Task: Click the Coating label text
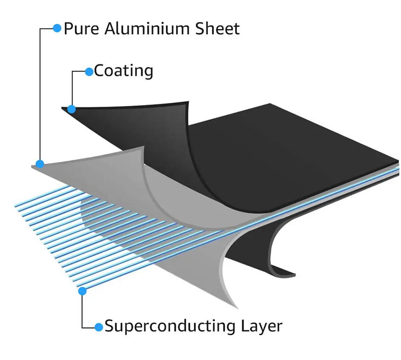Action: [123, 71]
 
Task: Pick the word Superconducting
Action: [169, 326]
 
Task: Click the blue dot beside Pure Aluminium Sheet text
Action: [57, 28]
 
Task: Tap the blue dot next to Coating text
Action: [89, 72]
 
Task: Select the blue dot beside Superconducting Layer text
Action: [99, 327]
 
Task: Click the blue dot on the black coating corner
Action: [72, 109]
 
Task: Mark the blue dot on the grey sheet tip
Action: [40, 163]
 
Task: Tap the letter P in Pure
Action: [68, 29]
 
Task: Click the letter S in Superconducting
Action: [110, 326]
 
